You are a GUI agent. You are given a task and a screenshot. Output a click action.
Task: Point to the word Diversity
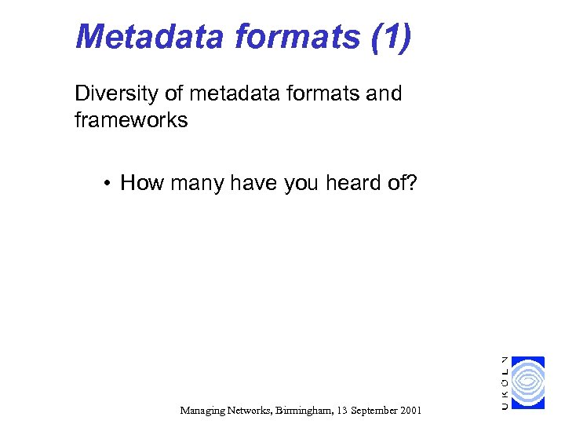(x=116, y=94)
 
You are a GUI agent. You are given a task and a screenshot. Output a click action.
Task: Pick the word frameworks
(x=131, y=121)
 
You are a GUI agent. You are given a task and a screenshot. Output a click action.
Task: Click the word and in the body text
(x=383, y=94)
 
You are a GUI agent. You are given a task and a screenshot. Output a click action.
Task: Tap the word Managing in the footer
(x=202, y=410)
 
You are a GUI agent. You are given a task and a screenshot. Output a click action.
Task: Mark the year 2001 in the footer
(x=410, y=410)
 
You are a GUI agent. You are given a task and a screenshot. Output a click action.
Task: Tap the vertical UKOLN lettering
(x=505, y=382)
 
